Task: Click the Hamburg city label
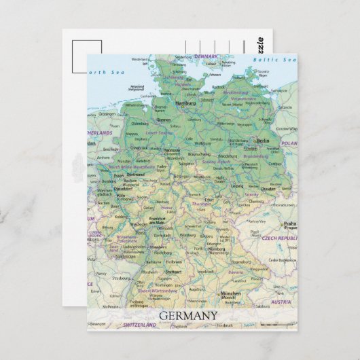185,103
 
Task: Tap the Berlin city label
262,141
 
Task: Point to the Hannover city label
172,150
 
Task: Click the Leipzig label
237,185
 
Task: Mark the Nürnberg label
215,249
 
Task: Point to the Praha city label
290,223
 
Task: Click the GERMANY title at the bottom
188,315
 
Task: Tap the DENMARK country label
206,56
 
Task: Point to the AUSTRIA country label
281,302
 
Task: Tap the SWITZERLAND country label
141,325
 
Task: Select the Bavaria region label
236,272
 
